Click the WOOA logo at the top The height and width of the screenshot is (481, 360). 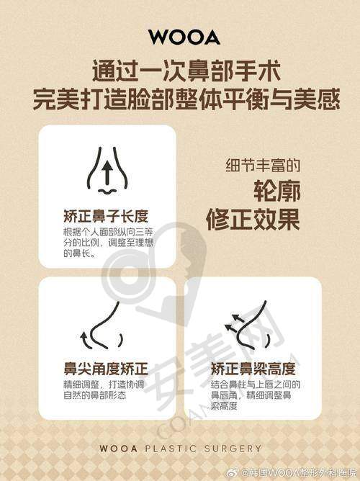pyautogui.click(x=179, y=35)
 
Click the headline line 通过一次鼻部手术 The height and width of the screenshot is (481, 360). pyautogui.click(x=179, y=71)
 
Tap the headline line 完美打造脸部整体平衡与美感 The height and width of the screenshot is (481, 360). pyautogui.click(x=179, y=99)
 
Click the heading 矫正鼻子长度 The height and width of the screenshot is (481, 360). pyautogui.click(x=105, y=216)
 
